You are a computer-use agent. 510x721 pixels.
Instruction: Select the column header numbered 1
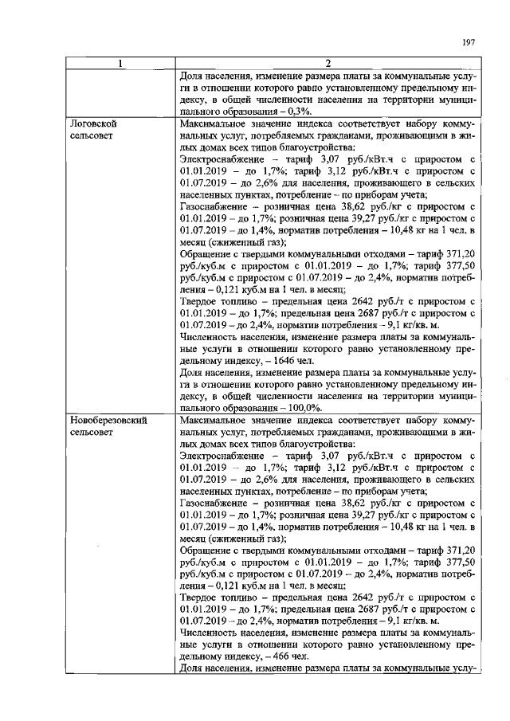[x=122, y=64]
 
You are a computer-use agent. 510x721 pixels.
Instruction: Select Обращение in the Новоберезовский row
[x=210, y=551]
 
